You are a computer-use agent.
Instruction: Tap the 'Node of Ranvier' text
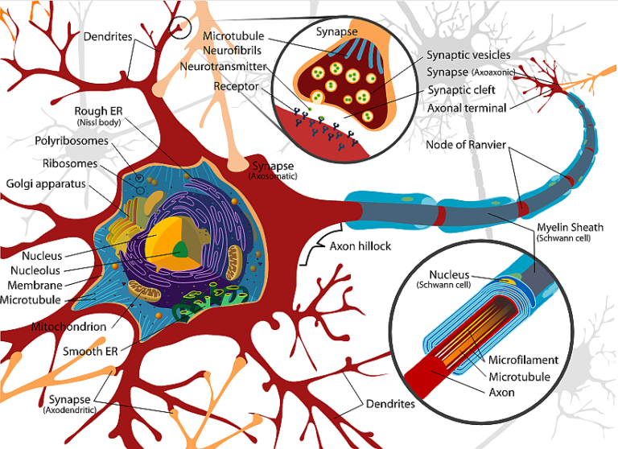[468, 145]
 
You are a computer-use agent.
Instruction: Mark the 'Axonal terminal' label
[467, 108]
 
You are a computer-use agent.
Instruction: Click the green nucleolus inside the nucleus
[183, 250]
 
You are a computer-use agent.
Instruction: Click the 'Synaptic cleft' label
[461, 90]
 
